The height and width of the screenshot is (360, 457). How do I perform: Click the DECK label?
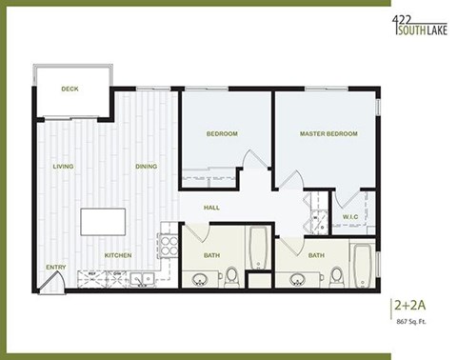pyautogui.click(x=70, y=89)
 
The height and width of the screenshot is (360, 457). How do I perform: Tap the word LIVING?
pyautogui.click(x=64, y=167)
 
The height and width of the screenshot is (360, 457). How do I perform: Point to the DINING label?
pyautogui.click(x=146, y=167)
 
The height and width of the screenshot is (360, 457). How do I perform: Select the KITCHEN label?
pyautogui.click(x=118, y=255)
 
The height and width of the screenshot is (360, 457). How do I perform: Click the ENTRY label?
pyautogui.click(x=56, y=267)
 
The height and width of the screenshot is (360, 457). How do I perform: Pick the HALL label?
pyautogui.click(x=212, y=208)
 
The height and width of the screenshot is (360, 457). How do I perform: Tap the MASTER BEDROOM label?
pyautogui.click(x=328, y=133)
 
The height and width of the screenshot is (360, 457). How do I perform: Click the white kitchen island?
pyautogui.click(x=106, y=222)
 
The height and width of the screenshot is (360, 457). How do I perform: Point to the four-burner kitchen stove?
pyautogui.click(x=168, y=246)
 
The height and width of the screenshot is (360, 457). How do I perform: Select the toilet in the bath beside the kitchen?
pyautogui.click(x=231, y=275)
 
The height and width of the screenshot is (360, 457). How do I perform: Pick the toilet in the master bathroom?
pyautogui.click(x=336, y=275)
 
